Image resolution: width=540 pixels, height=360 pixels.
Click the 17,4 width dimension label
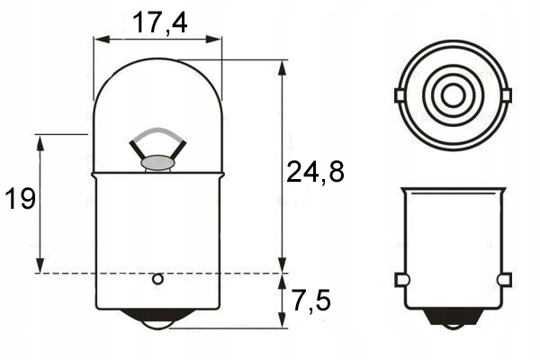(x=159, y=22)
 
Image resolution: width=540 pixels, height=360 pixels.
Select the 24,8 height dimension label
(x=315, y=172)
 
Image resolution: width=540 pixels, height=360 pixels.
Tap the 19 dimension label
(x=21, y=199)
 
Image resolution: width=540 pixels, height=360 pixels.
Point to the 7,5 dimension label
(x=312, y=301)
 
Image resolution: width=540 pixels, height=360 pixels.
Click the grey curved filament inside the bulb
(x=157, y=132)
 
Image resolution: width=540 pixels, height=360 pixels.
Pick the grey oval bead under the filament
(x=157, y=162)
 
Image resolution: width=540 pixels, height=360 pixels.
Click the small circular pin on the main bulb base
(x=157, y=279)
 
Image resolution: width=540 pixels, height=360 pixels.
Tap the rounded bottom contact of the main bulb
(x=157, y=323)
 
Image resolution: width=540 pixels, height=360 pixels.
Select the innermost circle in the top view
(x=453, y=95)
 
